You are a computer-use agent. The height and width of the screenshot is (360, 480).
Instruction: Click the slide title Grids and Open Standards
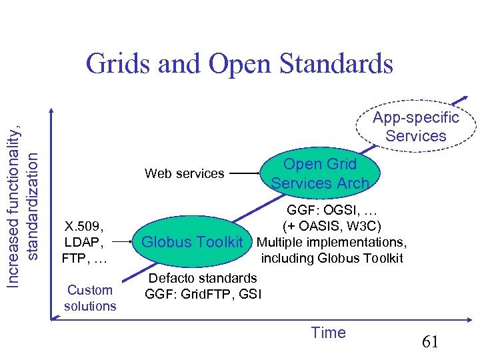tap(239, 64)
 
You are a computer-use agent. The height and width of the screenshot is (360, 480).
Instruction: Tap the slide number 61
tap(430, 343)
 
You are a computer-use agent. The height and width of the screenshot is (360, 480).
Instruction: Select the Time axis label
tap(329, 333)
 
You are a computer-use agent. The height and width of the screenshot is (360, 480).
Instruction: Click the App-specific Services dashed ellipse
tap(417, 127)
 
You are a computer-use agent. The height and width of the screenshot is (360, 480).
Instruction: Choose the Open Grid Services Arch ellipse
tap(320, 173)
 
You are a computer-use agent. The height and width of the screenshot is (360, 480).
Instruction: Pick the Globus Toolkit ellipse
tap(193, 242)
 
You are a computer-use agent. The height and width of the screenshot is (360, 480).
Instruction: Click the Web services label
tap(185, 173)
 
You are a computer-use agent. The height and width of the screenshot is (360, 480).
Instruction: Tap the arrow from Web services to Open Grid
tap(247, 174)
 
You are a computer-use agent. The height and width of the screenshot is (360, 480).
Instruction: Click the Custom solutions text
tap(90, 298)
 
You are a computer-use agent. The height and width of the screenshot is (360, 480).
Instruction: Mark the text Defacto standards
tap(203, 277)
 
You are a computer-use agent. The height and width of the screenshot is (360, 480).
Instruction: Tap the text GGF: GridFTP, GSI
tap(203, 293)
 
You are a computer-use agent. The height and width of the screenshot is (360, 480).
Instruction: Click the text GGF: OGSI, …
tap(332, 209)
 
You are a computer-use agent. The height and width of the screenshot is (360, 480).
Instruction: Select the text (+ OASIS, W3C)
tap(332, 226)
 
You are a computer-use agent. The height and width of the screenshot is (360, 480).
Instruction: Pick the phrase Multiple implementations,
tap(331, 241)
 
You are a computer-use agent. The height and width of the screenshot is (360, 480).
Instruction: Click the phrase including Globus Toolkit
tap(332, 258)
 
